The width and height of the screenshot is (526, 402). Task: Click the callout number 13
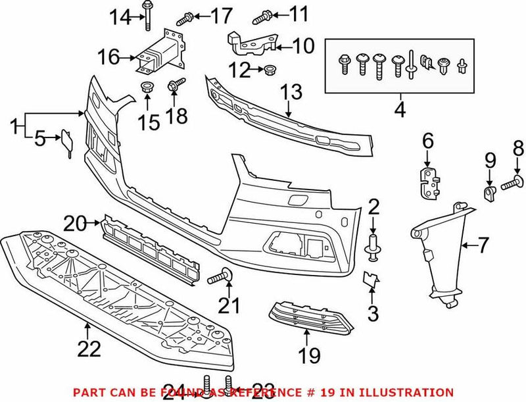293,91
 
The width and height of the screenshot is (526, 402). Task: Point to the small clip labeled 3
371,281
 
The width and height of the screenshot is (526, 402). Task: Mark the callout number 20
74,224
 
